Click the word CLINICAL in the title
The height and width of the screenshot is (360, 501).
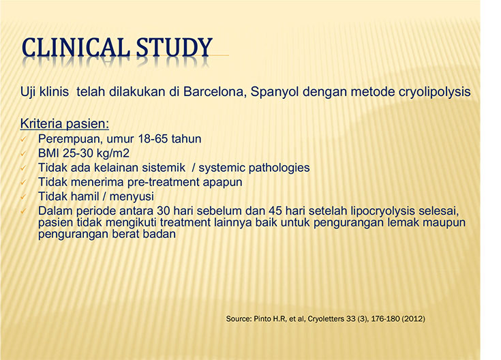(x=76, y=48)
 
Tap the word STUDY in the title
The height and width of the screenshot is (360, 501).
(x=174, y=48)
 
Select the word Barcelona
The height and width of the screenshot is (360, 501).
(x=215, y=92)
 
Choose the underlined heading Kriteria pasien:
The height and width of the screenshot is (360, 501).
(x=65, y=123)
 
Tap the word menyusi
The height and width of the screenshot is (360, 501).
(x=132, y=196)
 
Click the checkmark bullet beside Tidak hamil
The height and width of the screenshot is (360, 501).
(x=23, y=196)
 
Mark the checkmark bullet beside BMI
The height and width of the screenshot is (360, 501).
(x=23, y=153)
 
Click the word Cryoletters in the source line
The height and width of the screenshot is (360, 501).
(x=326, y=319)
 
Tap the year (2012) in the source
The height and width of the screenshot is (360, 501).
(x=413, y=319)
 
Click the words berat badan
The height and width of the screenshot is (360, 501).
(x=144, y=235)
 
